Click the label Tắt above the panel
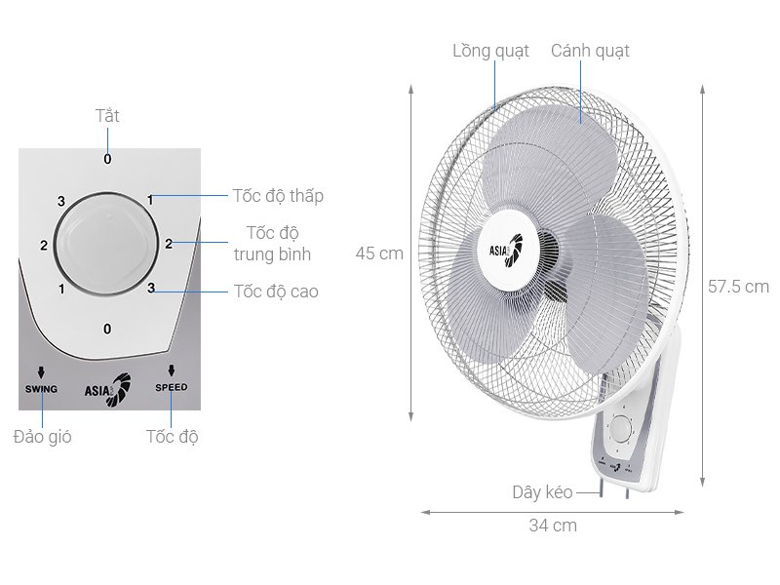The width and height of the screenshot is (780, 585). click(x=107, y=116)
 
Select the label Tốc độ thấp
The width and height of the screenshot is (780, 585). click(x=278, y=196)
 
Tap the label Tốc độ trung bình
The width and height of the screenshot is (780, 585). click(x=272, y=244)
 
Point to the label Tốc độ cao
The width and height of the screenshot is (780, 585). click(x=276, y=291)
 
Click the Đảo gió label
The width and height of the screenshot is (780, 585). click(x=43, y=436)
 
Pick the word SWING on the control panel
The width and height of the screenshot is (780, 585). click(x=41, y=388)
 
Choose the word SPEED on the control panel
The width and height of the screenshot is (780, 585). click(x=171, y=388)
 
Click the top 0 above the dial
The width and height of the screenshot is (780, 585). click(x=107, y=159)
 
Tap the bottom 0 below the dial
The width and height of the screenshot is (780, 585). click(x=107, y=329)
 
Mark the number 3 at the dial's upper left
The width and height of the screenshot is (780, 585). click(x=61, y=201)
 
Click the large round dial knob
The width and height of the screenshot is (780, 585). click(x=106, y=244)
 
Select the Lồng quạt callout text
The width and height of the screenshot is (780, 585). click(x=490, y=51)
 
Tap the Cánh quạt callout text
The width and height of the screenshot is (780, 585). click(x=590, y=51)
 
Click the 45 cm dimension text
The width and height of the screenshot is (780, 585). click(x=379, y=253)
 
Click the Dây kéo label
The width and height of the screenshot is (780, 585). click(x=542, y=492)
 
